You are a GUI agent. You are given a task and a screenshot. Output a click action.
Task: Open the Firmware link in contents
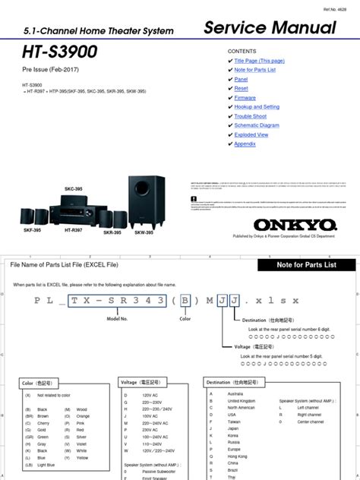(x=245, y=98)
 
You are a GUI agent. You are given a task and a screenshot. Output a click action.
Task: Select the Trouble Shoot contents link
(x=251, y=116)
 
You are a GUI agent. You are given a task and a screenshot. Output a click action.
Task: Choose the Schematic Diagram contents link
(x=257, y=125)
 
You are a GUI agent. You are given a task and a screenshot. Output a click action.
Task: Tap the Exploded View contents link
(x=251, y=134)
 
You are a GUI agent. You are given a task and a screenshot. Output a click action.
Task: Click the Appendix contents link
(x=245, y=144)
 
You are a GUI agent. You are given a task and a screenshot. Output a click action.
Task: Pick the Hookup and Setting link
(x=257, y=107)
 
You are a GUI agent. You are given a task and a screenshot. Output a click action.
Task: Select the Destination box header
(x=235, y=362)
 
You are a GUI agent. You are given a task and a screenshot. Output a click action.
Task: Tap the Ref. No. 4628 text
(x=343, y=6)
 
